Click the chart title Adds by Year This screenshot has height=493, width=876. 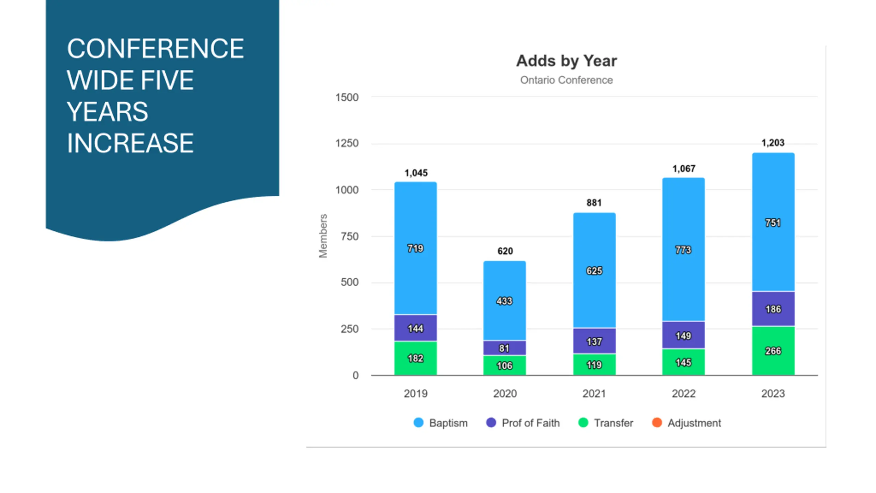click(x=566, y=61)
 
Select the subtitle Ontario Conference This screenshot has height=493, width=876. click(x=566, y=80)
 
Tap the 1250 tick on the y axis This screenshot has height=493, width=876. click(x=347, y=143)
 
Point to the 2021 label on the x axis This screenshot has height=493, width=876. click(x=594, y=394)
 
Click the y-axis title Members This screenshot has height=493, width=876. click(x=323, y=236)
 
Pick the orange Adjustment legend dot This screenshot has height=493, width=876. click(x=657, y=423)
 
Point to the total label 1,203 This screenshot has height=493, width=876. click(x=773, y=143)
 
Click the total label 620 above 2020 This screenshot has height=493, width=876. click(x=505, y=251)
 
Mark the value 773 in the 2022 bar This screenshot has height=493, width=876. click(x=683, y=250)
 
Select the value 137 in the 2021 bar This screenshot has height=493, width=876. click(x=594, y=342)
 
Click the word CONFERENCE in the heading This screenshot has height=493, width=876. click(x=155, y=49)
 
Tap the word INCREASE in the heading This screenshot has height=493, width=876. click(x=130, y=143)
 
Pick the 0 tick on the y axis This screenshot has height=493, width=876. click(x=356, y=376)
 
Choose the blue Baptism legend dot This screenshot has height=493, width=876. click(x=418, y=423)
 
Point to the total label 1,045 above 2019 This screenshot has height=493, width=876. click(x=416, y=173)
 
